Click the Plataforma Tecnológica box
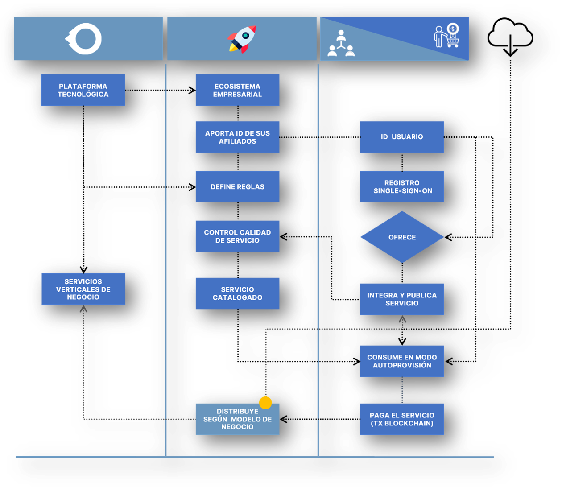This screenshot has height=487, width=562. tap(83, 90)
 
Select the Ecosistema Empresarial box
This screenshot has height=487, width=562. tap(237, 90)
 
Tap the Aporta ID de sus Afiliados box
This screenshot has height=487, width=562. tap(237, 137)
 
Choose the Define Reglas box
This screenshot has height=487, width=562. tap(237, 186)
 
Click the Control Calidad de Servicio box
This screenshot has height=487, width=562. tap(237, 236)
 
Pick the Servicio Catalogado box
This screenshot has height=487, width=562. tap(237, 293)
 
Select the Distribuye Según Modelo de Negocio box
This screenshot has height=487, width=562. tap(237, 419)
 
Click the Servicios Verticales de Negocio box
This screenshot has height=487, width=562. tap(83, 289)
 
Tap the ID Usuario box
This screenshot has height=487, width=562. tap(402, 137)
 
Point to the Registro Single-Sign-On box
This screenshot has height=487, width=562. tap(402, 186)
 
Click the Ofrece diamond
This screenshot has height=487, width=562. tap(402, 237)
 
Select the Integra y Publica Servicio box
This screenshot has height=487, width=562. tap(402, 299)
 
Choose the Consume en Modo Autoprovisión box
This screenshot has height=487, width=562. tap(402, 361)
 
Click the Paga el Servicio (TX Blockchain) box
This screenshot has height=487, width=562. tap(402, 419)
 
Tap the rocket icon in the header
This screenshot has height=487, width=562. tap(242, 39)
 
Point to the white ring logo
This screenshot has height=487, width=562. tap(84, 39)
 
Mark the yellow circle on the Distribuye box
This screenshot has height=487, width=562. tap(265, 403)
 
